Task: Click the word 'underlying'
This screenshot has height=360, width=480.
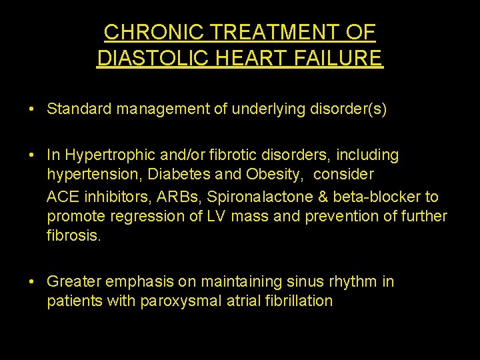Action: pos(263,109)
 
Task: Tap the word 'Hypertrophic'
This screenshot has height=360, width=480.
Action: pos(103,155)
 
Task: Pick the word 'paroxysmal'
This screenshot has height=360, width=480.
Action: pos(180,301)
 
